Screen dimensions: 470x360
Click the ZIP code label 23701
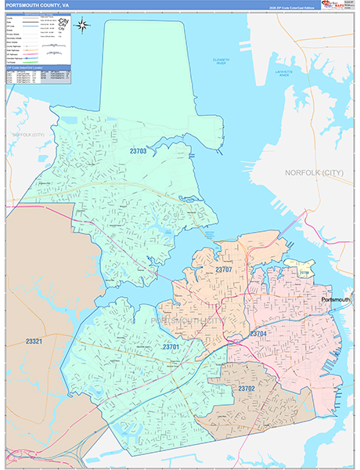171,347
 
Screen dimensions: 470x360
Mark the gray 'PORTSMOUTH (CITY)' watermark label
186,321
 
